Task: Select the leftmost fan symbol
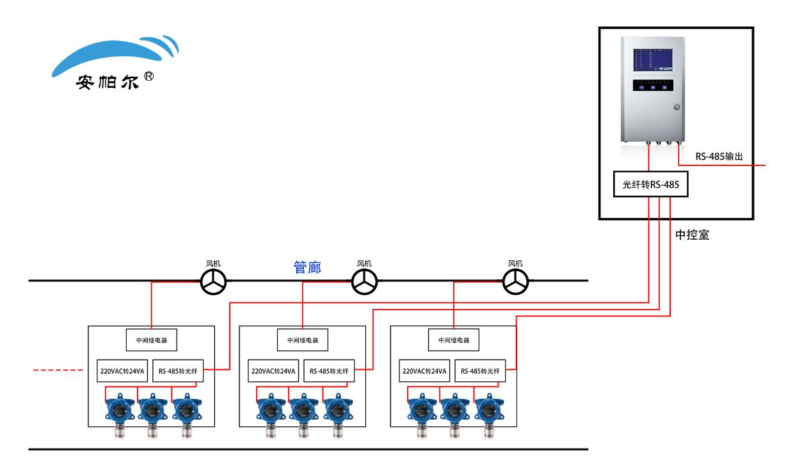(x=213, y=281)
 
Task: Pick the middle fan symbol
(x=365, y=281)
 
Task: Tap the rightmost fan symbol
(x=516, y=281)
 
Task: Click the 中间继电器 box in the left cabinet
(x=152, y=340)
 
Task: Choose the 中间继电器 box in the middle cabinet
(x=303, y=340)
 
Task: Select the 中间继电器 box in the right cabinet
(x=454, y=340)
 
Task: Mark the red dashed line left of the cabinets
(x=58, y=370)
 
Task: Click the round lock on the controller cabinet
(x=677, y=108)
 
